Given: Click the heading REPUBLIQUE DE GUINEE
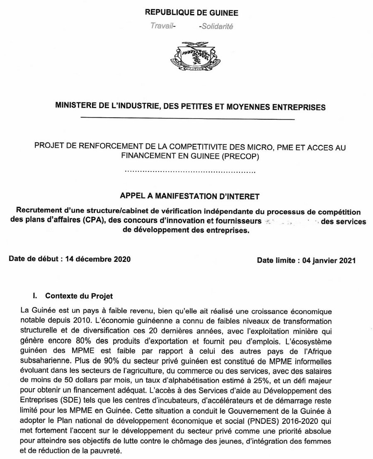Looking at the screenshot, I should (x=191, y=13).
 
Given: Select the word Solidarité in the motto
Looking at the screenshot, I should (x=216, y=26).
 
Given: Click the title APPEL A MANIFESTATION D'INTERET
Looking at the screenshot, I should (x=191, y=194).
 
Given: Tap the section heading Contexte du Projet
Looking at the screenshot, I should (x=79, y=296).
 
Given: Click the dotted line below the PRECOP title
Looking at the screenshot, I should (x=190, y=171).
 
